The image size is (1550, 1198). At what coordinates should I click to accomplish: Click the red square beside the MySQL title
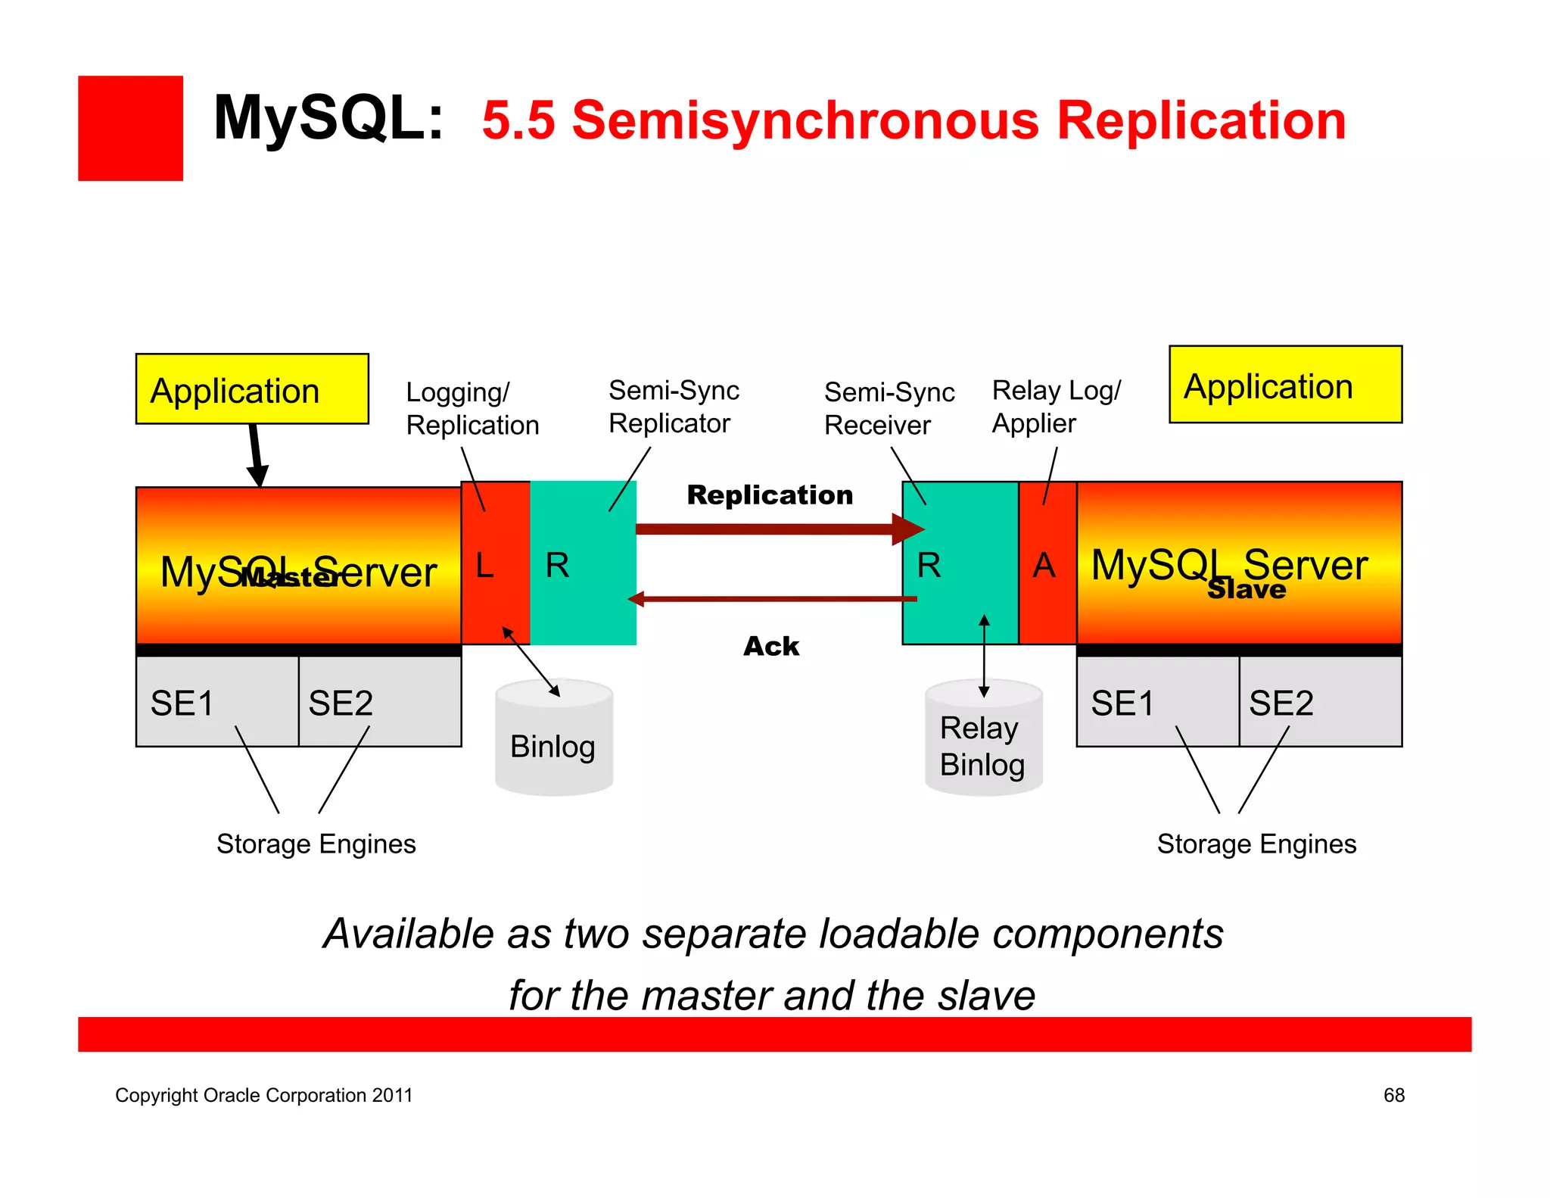tap(130, 128)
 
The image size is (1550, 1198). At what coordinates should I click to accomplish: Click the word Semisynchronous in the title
tap(805, 121)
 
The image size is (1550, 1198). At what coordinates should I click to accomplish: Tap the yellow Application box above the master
tap(251, 389)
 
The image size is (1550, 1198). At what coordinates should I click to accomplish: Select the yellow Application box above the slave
tap(1284, 385)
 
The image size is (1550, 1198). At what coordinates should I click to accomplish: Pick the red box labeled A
tap(1046, 563)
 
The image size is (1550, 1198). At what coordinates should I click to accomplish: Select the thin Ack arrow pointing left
tap(772, 599)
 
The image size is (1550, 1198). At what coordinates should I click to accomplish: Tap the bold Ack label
tap(770, 646)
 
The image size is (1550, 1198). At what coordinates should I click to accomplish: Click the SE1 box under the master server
tap(217, 701)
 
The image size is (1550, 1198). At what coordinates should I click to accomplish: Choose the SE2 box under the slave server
tap(1320, 701)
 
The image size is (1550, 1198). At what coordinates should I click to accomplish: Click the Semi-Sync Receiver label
tap(889, 408)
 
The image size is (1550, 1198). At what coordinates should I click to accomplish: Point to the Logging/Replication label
tap(472, 409)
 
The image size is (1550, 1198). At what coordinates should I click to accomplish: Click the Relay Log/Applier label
tap(1055, 407)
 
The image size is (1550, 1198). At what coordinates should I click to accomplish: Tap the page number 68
tap(1393, 1095)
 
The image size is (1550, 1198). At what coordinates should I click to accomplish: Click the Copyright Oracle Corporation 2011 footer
tap(263, 1095)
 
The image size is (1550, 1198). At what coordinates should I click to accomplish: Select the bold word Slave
tap(1246, 589)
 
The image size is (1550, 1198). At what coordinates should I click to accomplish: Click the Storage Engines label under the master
tap(316, 844)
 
